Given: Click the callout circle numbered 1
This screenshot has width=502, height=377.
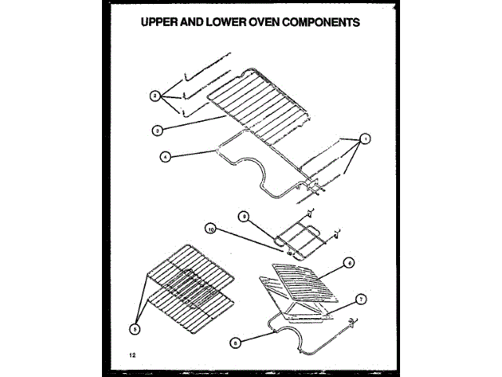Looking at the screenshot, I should coord(364,139).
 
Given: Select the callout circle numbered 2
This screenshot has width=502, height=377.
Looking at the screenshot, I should coord(155,96).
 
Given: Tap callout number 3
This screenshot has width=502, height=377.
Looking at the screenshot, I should coord(157,129).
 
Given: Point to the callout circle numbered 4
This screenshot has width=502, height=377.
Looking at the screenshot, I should coord(165,156).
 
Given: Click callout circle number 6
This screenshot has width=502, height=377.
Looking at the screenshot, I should coord(350,263).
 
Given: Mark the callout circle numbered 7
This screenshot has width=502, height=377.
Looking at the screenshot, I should coord(360,299).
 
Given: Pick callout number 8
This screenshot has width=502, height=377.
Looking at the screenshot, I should coord(236,342).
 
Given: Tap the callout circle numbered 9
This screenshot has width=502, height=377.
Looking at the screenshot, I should coord(243,215).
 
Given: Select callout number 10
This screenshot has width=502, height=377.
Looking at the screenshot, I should coord(210,229).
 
